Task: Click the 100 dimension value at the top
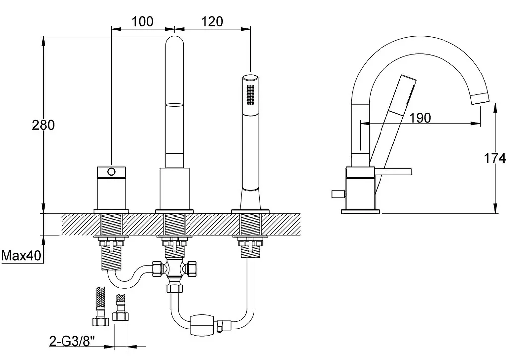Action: pyautogui.click(x=142, y=22)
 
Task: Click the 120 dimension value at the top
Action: pyautogui.click(x=212, y=22)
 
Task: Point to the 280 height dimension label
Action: pyautogui.click(x=43, y=125)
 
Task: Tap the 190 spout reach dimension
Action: pyautogui.click(x=420, y=118)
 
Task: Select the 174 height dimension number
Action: pyautogui.click(x=495, y=158)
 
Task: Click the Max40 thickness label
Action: pyautogui.click(x=21, y=256)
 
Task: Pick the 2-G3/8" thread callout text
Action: pyautogui.click(x=72, y=341)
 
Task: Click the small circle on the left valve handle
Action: pyautogui.click(x=111, y=172)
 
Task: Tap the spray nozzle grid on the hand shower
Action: pyautogui.click(x=251, y=94)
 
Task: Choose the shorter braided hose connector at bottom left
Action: pyautogui.click(x=121, y=308)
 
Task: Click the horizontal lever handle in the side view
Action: pyautogui.click(x=393, y=172)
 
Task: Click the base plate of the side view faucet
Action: pyautogui.click(x=360, y=211)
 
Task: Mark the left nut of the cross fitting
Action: pyautogui.click(x=157, y=269)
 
